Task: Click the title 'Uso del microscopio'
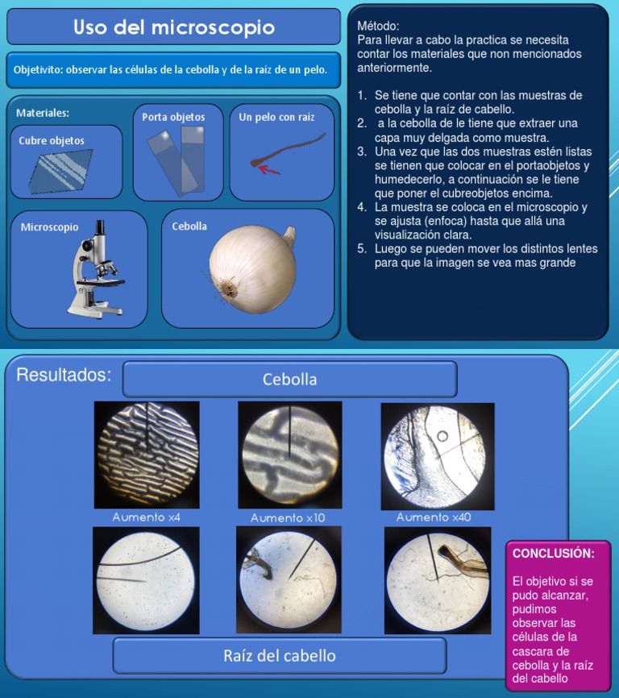coord(174,27)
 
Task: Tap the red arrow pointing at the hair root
coord(269,169)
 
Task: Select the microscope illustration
coord(95,269)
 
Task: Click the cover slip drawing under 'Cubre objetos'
coord(60,172)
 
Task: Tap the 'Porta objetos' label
coord(173,117)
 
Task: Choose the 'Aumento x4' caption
coord(146,517)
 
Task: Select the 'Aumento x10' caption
coord(288,517)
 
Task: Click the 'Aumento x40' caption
coord(434,517)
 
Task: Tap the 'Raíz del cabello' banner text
coord(280,656)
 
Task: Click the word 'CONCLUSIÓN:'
coord(553,554)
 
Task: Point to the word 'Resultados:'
coord(64,375)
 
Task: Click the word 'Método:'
coord(378,26)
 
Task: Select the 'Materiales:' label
coord(43,113)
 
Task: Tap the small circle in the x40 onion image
coord(442,436)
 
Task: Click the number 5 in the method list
coord(361,248)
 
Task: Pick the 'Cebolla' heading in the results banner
coord(289,380)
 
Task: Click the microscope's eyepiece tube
coord(100,231)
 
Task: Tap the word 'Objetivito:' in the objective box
coord(38,70)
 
